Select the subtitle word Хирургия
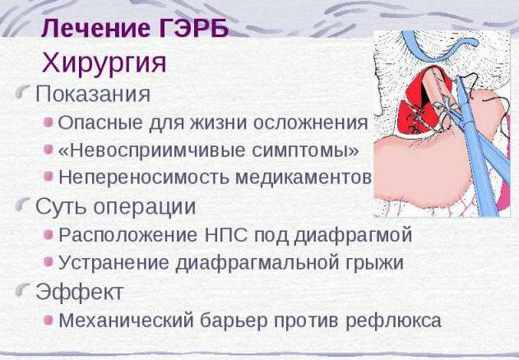coord(104,63)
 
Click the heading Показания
coord(93,94)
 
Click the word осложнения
coord(310,123)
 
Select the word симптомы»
coord(305,151)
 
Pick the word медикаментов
coord(303,178)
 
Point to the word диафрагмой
coord(353,236)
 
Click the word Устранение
coord(114,263)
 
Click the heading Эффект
coord(80,292)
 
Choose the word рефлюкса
coord(393,321)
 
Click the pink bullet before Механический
coord(49,320)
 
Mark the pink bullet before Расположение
coord(49,235)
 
